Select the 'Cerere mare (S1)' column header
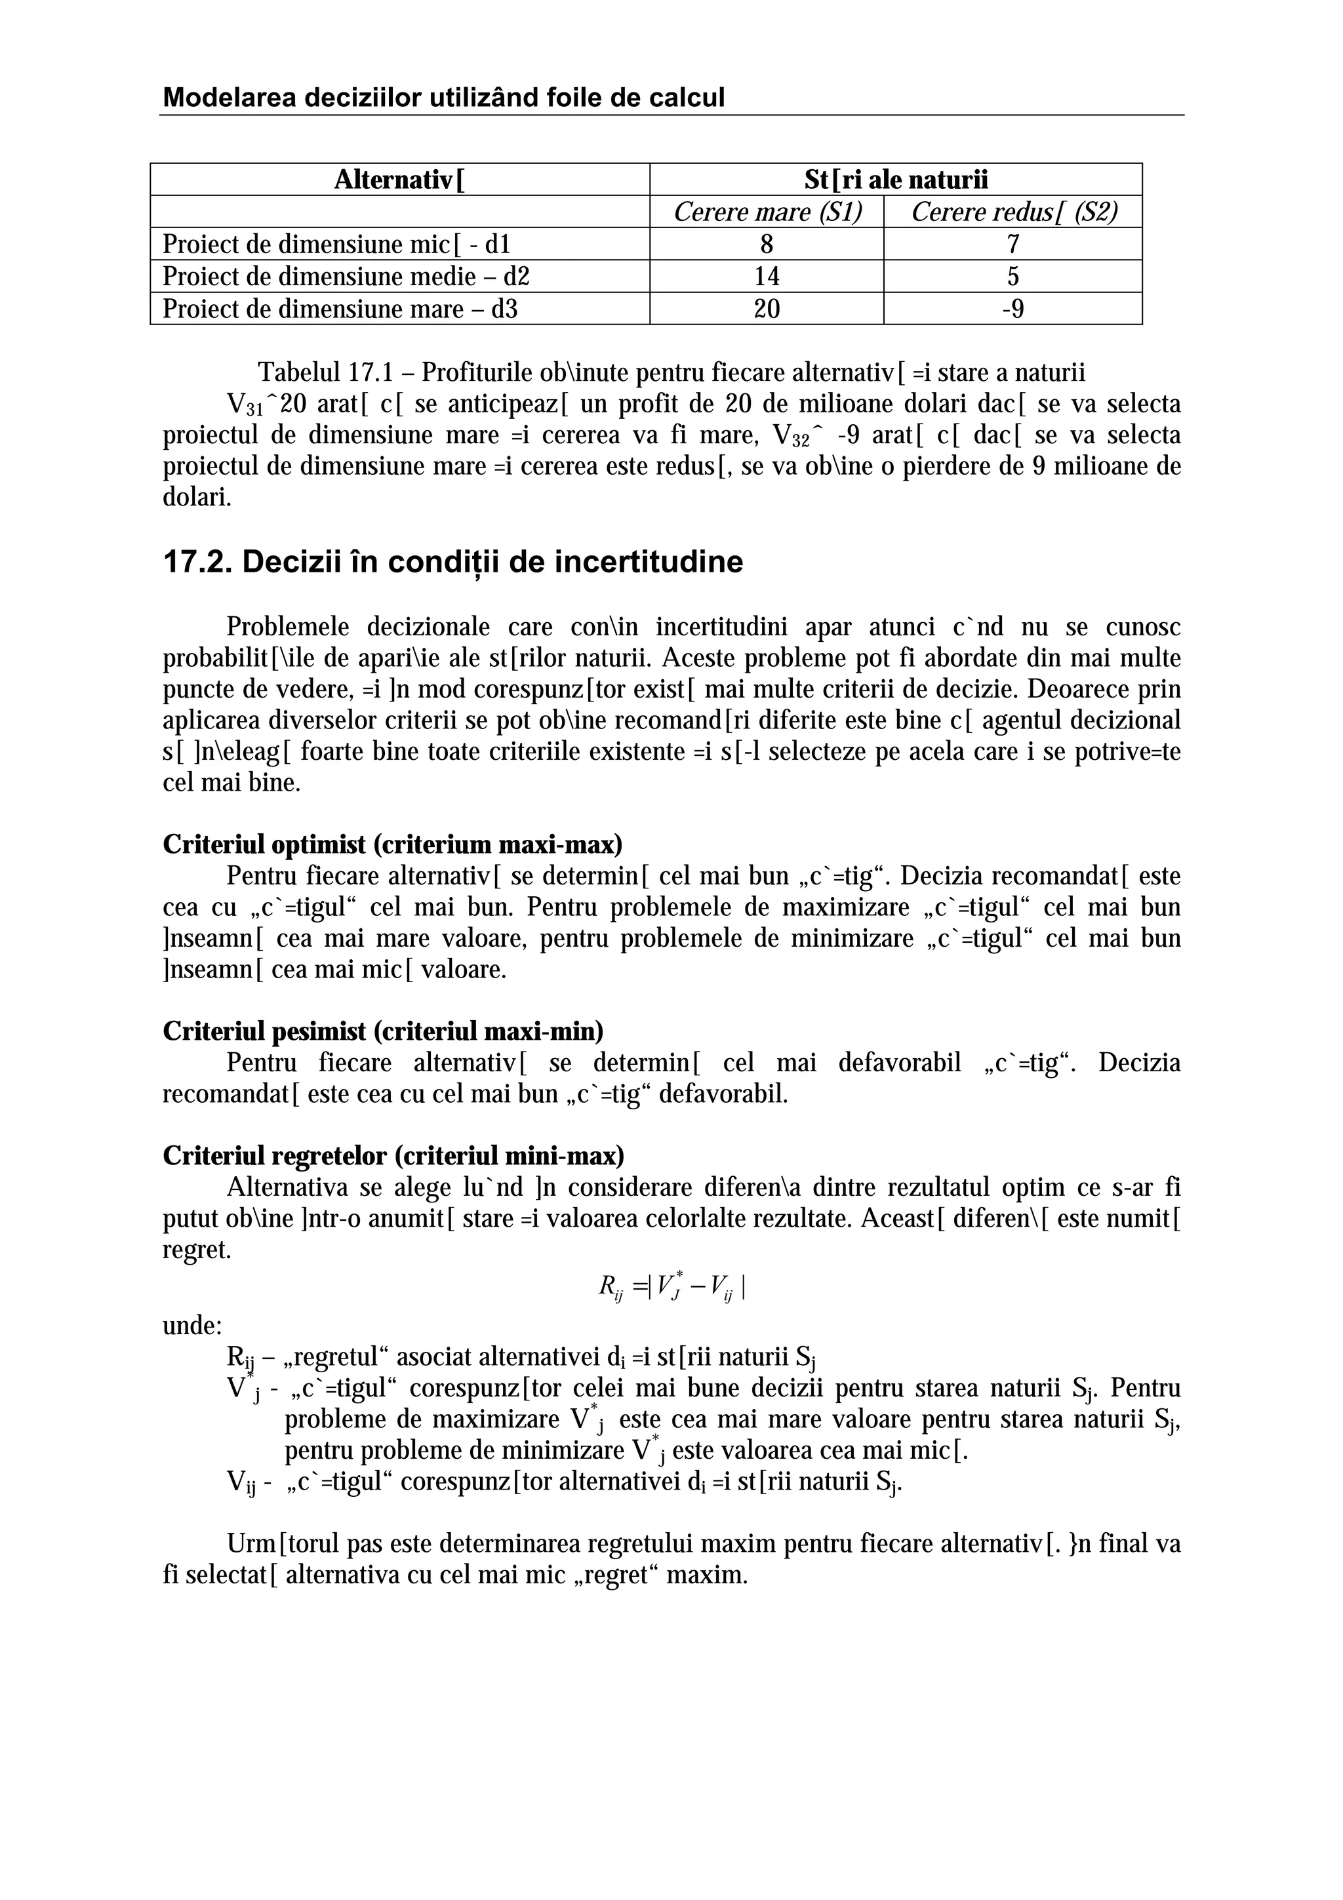[767, 212]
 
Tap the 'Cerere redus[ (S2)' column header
[1014, 212]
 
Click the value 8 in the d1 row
[767, 244]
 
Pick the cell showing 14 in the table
[767, 277]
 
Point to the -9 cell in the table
[1013, 309]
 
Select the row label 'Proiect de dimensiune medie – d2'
[346, 277]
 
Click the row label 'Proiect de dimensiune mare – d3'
[340, 309]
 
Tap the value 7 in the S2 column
[1013, 244]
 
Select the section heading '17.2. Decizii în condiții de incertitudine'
[452, 562]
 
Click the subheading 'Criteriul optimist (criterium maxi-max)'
[392, 845]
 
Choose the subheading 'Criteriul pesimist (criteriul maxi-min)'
[382, 1031]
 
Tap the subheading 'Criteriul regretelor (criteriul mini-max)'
[393, 1155]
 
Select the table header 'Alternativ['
[399, 180]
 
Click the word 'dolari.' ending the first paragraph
[197, 498]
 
